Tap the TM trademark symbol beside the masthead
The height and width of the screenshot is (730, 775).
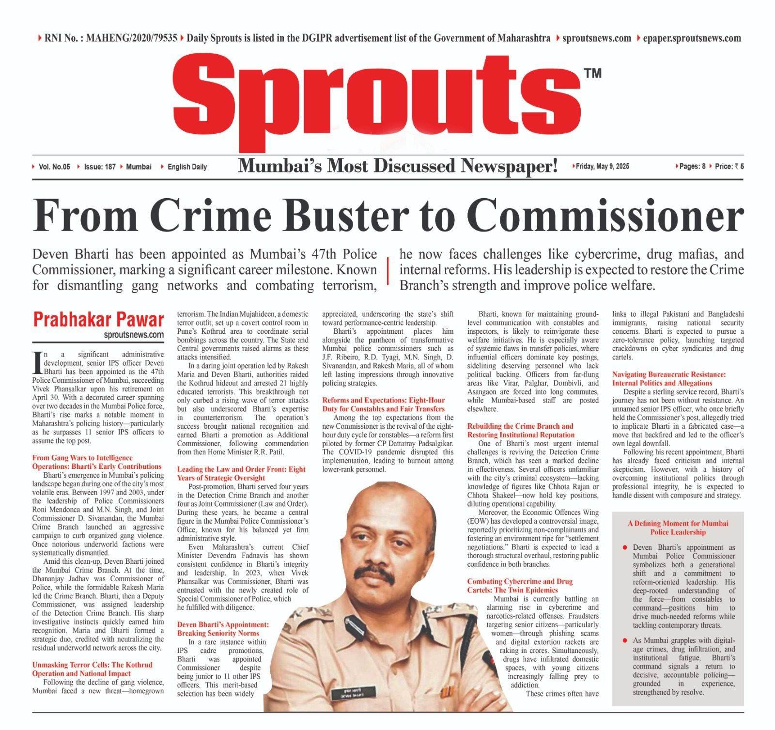pyautogui.click(x=592, y=73)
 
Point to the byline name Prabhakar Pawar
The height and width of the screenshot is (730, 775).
pyautogui.click(x=98, y=320)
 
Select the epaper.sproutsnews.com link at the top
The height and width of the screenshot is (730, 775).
pyautogui.click(x=689, y=38)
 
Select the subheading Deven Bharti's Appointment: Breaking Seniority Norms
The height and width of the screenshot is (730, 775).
pyautogui.click(x=223, y=629)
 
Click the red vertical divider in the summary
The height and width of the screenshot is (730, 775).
pyautogui.click(x=387, y=270)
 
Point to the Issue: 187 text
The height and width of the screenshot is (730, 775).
pyautogui.click(x=99, y=167)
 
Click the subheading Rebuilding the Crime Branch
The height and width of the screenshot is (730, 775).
pyautogui.click(x=520, y=430)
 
